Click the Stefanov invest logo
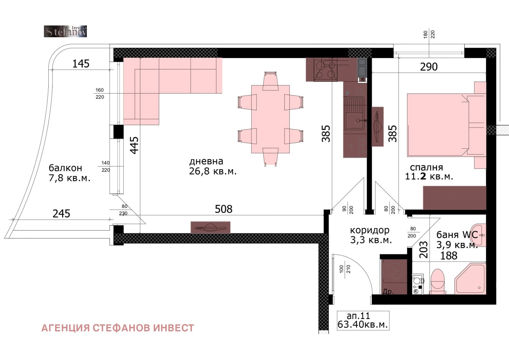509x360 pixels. pyautogui.click(x=65, y=31)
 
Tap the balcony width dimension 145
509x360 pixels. pyautogui.click(x=81, y=64)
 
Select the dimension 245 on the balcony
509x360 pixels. pyautogui.click(x=61, y=214)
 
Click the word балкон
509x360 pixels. pyautogui.click(x=66, y=168)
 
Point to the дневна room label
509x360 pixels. pyautogui.click(x=206, y=161)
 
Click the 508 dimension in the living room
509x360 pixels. pyautogui.click(x=224, y=209)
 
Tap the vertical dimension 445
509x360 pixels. pyautogui.click(x=134, y=145)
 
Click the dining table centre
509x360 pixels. pyautogui.click(x=270, y=119)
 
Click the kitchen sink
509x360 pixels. pyautogui.click(x=354, y=113)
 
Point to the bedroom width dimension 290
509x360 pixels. pyautogui.click(x=429, y=67)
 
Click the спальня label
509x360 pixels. pyautogui.click(x=426, y=167)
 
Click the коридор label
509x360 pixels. pyautogui.click(x=370, y=230)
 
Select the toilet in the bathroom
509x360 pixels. pyautogui.click(x=437, y=282)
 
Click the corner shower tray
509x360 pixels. pyautogui.click(x=470, y=279)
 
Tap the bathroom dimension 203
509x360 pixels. pyautogui.click(x=423, y=250)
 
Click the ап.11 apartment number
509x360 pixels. pyautogui.click(x=358, y=316)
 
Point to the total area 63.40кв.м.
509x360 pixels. pyautogui.click(x=363, y=325)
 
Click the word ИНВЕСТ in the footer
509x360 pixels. pyautogui.click(x=173, y=328)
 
